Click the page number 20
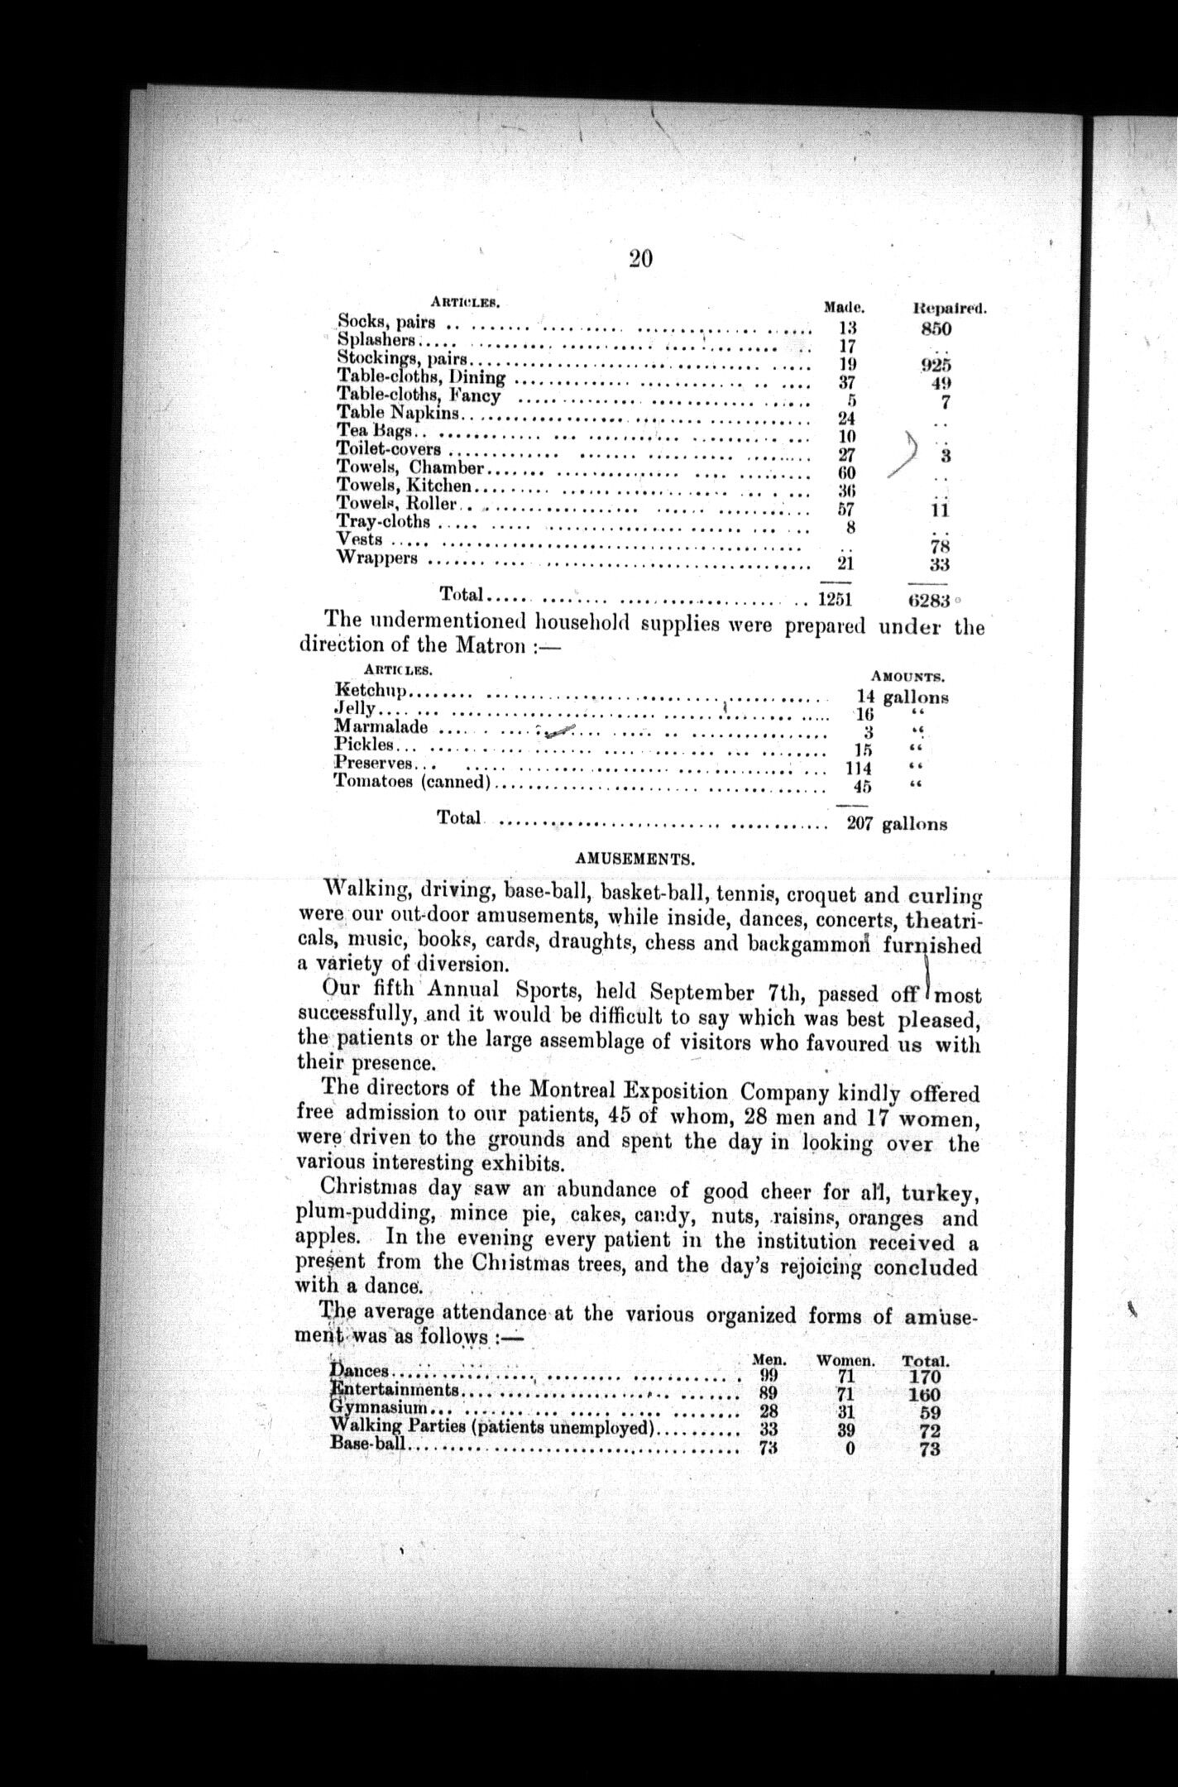[640, 259]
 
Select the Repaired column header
[949, 309]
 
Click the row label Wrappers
[377, 558]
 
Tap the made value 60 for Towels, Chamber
[846, 472]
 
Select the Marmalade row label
[381, 727]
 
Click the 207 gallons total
[897, 824]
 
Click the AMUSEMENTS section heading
[634, 859]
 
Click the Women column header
[845, 1360]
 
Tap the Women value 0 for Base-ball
[850, 1448]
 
